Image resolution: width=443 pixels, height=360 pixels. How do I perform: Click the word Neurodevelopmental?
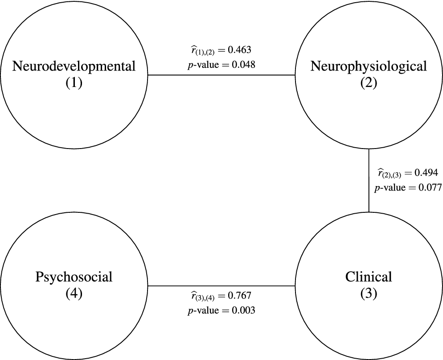74,67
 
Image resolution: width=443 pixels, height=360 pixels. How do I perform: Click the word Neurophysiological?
369,67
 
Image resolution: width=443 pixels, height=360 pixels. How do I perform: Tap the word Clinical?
369,277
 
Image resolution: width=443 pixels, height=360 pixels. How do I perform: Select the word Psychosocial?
74,277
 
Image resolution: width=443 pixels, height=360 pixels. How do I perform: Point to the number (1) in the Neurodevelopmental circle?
74,83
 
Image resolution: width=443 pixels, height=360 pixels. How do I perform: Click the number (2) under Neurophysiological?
369,83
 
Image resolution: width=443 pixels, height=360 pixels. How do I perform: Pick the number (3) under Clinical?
369,293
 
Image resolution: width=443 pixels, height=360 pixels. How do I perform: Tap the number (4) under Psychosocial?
74,293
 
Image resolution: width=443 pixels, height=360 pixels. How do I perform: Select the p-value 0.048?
243,64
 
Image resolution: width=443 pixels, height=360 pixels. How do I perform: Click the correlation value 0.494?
427,173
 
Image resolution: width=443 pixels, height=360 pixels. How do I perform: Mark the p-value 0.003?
243,310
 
